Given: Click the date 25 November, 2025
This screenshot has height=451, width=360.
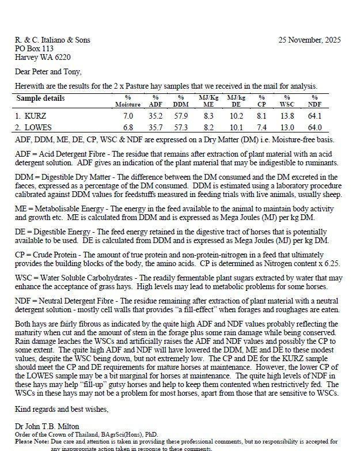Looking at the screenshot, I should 309,40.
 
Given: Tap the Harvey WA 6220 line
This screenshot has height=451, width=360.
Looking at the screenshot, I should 43,58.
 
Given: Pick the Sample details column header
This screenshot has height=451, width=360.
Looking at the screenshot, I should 40,98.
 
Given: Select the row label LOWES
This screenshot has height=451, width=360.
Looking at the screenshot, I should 36,127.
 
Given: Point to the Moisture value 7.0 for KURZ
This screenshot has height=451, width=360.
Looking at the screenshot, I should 128,116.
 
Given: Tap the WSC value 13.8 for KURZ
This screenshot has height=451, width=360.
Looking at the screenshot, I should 287,116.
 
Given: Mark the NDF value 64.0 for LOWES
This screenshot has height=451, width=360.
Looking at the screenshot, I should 314,127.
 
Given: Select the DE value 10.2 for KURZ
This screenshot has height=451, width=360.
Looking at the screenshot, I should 236,116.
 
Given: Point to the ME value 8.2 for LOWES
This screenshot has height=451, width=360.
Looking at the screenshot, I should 209,127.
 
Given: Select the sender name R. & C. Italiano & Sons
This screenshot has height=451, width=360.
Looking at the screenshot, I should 52,40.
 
